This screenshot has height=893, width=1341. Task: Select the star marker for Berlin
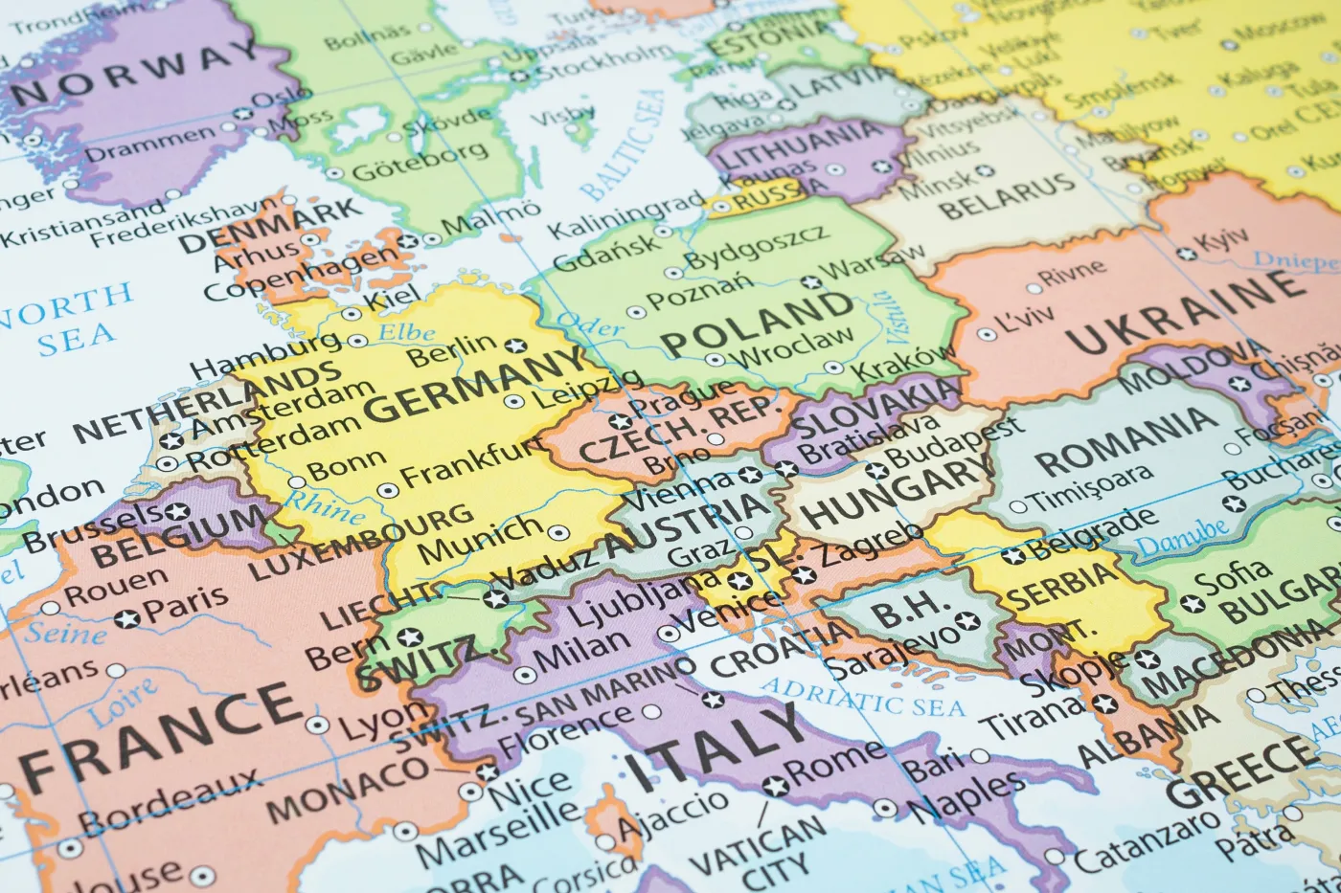coord(516,346)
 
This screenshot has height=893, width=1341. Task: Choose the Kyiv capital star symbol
coord(1187,254)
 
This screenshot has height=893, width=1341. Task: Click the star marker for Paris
coord(126,619)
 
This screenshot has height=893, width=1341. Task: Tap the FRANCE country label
coord(158,732)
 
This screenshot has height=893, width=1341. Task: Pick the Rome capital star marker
coord(775,787)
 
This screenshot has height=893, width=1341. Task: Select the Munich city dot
coord(557,532)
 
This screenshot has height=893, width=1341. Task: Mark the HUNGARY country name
coord(896,489)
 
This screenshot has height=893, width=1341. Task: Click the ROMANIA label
coord(1121,441)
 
